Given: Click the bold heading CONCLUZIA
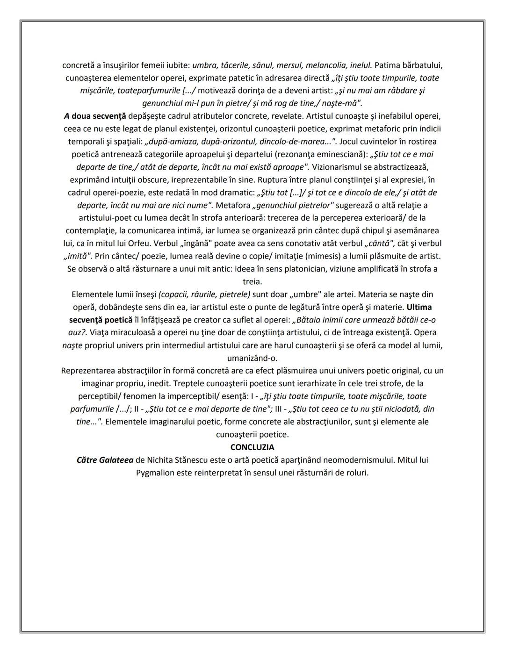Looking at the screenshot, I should click(252, 447).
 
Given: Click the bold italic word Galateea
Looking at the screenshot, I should click(116, 460).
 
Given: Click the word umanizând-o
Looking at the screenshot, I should click(252, 359).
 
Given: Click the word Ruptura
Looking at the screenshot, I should click(299, 179).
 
